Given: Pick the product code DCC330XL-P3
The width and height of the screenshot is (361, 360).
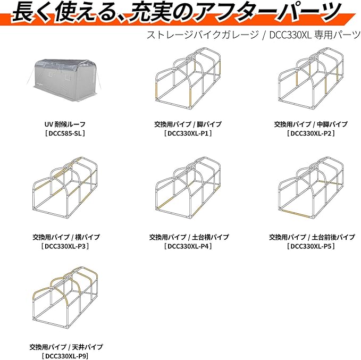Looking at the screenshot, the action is (x=65, y=247).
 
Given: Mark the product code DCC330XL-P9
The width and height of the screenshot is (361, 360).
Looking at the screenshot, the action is (x=65, y=356).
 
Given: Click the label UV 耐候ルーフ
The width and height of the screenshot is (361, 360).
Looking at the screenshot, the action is (x=65, y=124).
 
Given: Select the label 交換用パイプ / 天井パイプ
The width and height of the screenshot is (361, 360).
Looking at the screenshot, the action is (x=65, y=347).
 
